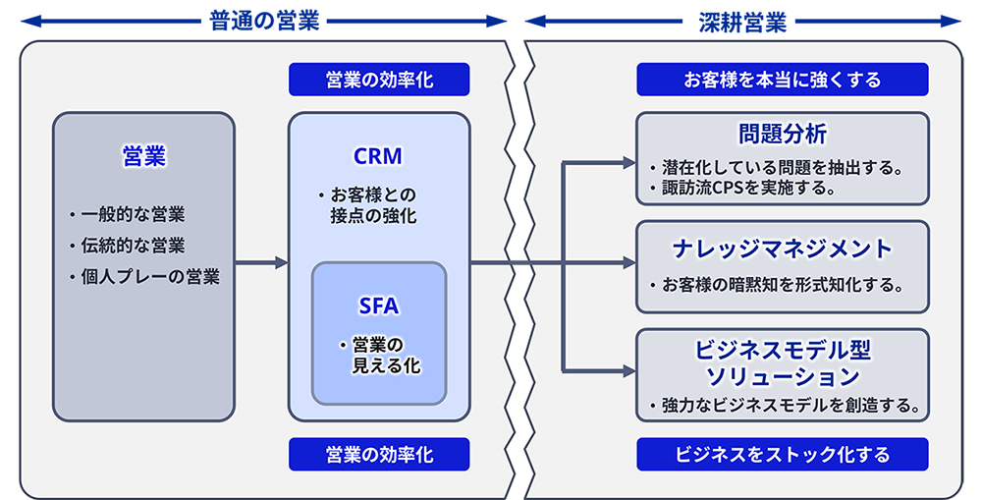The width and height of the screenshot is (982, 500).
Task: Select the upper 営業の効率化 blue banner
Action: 379,80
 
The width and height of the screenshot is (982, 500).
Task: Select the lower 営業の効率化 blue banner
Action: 379,454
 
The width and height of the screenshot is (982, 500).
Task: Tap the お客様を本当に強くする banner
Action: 783,80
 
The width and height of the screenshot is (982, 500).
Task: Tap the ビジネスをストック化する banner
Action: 783,454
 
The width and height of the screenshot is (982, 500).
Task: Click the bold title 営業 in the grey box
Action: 143,156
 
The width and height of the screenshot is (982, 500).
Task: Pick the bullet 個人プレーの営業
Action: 149,277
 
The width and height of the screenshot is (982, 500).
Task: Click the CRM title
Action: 378,156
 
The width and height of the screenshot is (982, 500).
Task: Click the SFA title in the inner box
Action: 379,306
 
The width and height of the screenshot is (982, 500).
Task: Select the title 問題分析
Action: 783,133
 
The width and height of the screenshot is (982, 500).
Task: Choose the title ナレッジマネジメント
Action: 783,248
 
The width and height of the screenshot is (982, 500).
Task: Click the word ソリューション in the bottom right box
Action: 783,375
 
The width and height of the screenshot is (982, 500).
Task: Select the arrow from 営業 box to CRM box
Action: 261,262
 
